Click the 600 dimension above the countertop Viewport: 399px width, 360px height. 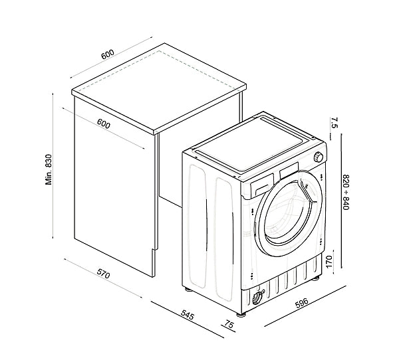(108, 54)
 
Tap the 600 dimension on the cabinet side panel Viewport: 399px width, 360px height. (104, 124)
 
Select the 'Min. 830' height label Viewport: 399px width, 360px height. (49, 169)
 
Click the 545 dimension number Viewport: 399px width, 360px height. (188, 315)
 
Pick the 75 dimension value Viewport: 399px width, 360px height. (229, 325)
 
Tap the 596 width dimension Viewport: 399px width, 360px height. (301, 302)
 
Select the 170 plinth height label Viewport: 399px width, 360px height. (329, 262)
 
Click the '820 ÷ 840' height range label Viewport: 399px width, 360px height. (346, 192)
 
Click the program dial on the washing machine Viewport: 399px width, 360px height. (318, 157)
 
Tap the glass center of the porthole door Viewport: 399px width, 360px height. (287, 213)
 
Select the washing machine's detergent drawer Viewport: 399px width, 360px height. (262, 186)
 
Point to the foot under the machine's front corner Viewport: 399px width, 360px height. (241, 314)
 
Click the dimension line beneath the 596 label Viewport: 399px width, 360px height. (305, 306)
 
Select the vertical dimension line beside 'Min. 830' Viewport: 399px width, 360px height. (53, 166)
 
